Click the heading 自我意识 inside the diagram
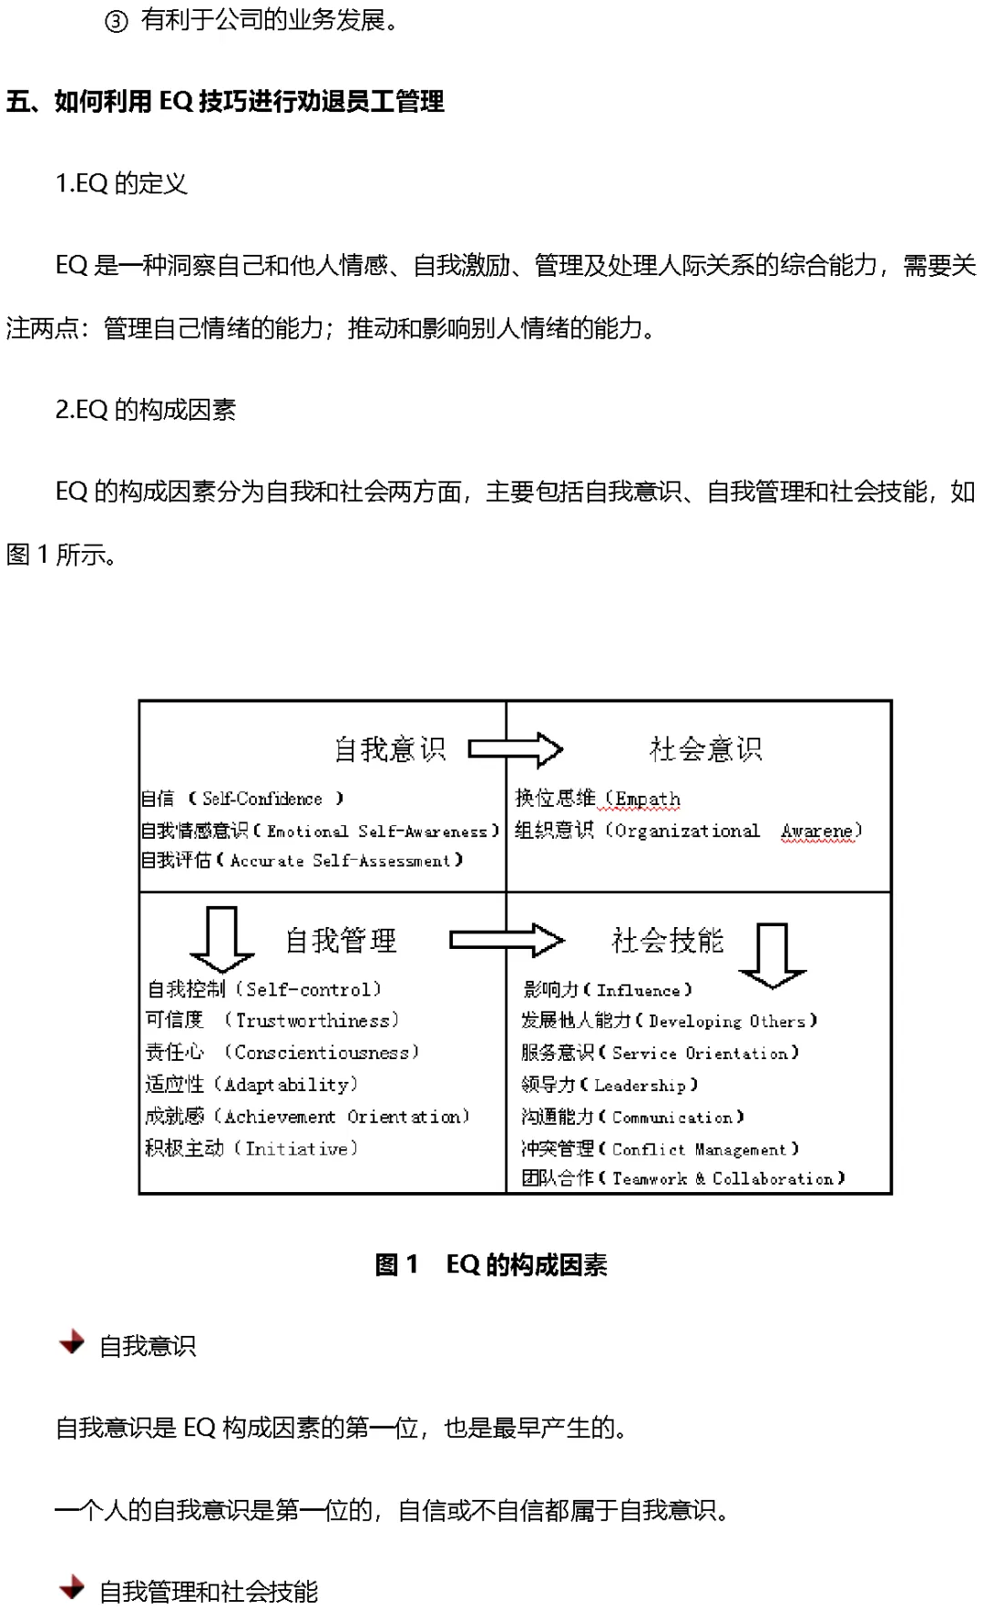[x=390, y=749]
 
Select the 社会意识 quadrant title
[x=705, y=749]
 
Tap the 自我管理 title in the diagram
[x=341, y=941]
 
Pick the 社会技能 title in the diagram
[x=668, y=941]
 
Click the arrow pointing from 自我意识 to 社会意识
[x=516, y=749]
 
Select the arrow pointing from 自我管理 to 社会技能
[x=507, y=940]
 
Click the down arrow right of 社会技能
[x=773, y=956]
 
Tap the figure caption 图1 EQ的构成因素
[x=491, y=1264]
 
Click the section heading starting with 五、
[x=225, y=101]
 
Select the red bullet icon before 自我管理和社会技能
[x=71, y=1589]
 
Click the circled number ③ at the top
[x=116, y=21]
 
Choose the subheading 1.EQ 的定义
[x=121, y=184]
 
